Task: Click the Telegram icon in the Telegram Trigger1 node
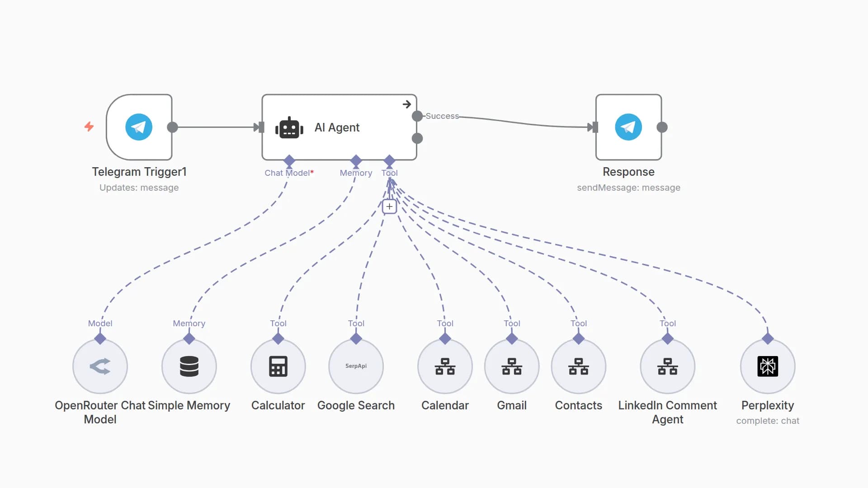pos(139,127)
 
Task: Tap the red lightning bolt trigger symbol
pos(89,127)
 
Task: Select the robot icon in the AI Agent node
pos(289,128)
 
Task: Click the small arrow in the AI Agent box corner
pos(406,104)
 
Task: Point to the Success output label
pos(442,116)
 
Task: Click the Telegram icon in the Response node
pos(628,127)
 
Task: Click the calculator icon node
pos(278,366)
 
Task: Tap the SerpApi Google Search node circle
pos(356,366)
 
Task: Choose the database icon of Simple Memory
pos(189,366)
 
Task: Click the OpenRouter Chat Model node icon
pos(100,366)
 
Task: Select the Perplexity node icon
pos(767,366)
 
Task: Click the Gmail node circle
pos(511,366)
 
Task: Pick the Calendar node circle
pos(445,366)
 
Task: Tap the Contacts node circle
pos(578,366)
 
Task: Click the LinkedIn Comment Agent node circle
pos(667,366)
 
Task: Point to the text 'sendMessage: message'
pos(628,188)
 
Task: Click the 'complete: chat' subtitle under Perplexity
pos(767,421)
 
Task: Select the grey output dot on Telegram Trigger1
pos(172,127)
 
